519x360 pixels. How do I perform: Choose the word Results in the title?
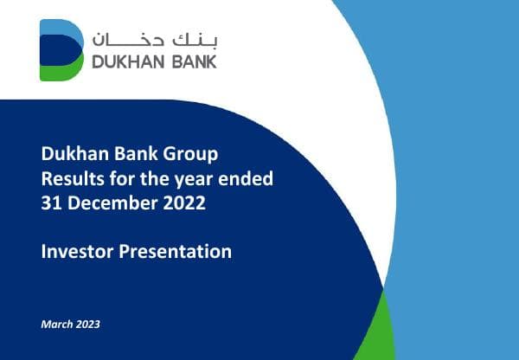tap(68, 179)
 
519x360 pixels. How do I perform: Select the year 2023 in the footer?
tap(87, 325)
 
